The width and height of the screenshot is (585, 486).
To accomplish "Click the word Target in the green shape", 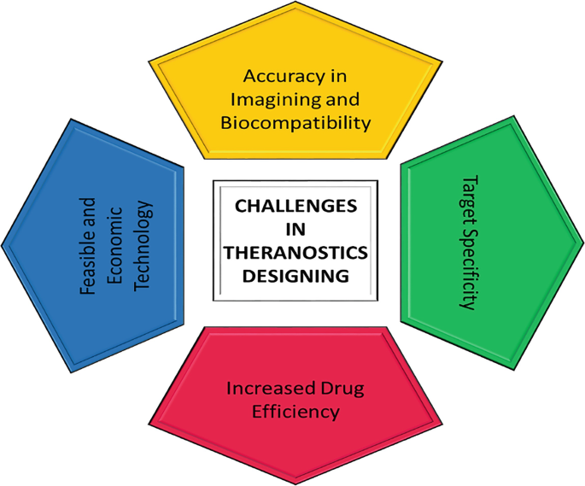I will (x=468, y=199).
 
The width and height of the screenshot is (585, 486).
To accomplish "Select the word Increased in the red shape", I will (x=264, y=389).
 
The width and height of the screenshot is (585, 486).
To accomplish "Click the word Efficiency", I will (x=295, y=412).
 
